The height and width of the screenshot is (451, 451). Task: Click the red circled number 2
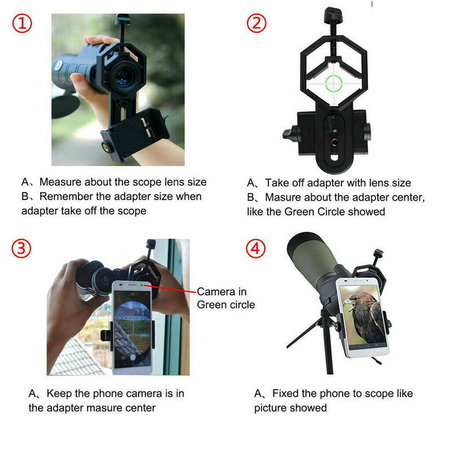point(257,23)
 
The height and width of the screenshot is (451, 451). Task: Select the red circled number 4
point(257,249)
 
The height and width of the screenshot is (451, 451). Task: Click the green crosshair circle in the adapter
point(333,83)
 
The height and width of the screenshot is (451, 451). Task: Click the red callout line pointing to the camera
point(172,289)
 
